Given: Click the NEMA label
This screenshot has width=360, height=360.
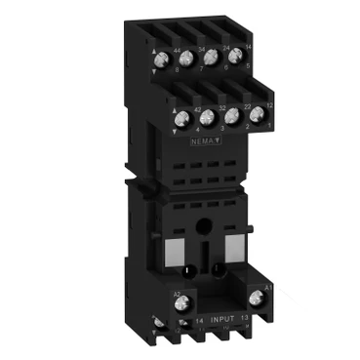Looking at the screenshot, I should tap(204, 143).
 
